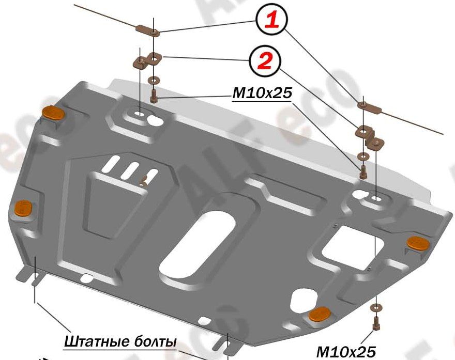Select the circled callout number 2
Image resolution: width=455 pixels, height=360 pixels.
pyautogui.click(x=264, y=61)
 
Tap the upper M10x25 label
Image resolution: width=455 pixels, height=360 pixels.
pyautogui.click(x=262, y=93)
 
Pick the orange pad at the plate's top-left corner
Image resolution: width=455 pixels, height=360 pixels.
pyautogui.click(x=53, y=112)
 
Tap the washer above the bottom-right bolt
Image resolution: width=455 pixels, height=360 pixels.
pyautogui.click(x=375, y=308)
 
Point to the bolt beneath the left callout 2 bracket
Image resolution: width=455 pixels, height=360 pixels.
pyautogui.click(x=154, y=96)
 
